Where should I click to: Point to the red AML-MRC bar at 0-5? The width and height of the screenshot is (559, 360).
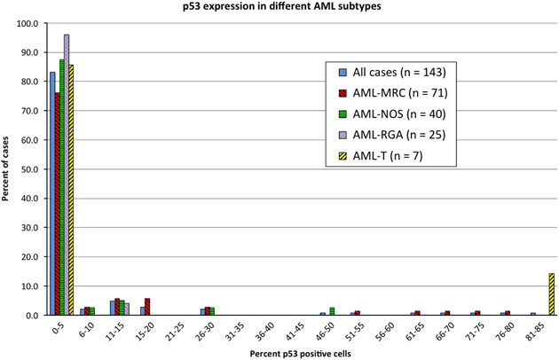click(57, 204)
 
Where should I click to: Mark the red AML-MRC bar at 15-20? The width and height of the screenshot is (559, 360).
click(147, 307)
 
